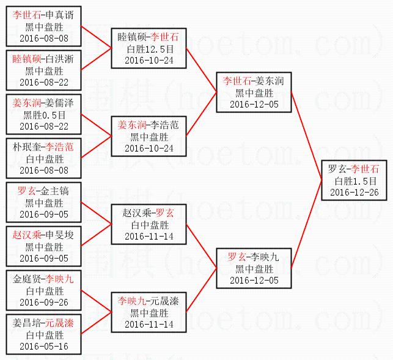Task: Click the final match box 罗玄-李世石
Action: [x=353, y=180]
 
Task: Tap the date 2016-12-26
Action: [x=353, y=192]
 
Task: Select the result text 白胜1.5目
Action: [x=353, y=181]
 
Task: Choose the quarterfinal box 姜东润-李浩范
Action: [x=149, y=136]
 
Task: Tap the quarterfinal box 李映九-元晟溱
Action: [x=149, y=312]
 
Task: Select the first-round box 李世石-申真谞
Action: [x=42, y=26]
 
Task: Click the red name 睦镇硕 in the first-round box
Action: [x=26, y=59]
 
